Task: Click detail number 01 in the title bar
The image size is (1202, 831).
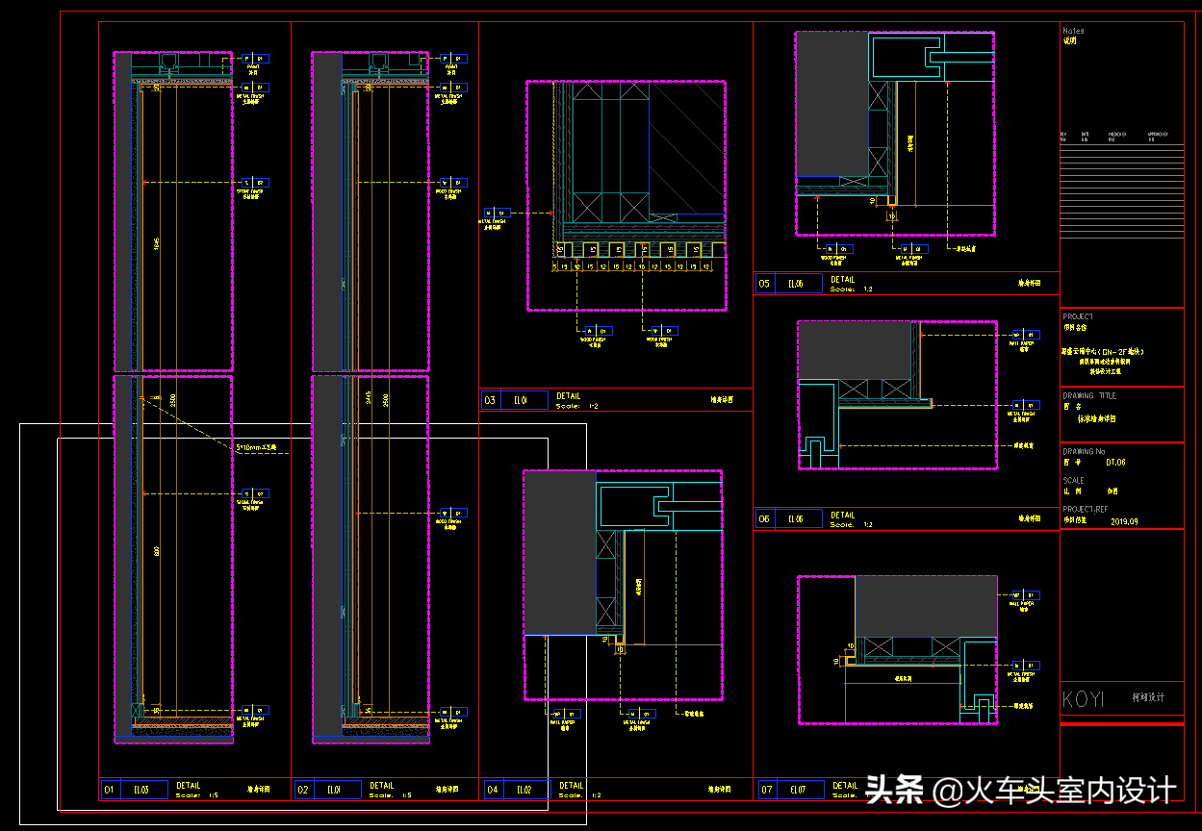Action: pyautogui.click(x=109, y=790)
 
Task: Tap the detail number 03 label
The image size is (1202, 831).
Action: pyautogui.click(x=490, y=400)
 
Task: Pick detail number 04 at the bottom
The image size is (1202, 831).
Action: pyautogui.click(x=493, y=790)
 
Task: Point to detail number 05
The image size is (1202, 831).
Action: pyautogui.click(x=765, y=284)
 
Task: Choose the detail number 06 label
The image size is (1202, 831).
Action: pyautogui.click(x=765, y=519)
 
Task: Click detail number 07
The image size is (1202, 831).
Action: pyautogui.click(x=767, y=790)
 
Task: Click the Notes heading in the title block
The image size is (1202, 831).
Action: pyautogui.click(x=1073, y=31)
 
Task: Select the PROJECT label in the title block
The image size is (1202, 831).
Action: pyautogui.click(x=1078, y=316)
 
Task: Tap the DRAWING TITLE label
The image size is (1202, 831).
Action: pyautogui.click(x=1089, y=395)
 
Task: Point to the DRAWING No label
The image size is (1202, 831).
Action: pyautogui.click(x=1084, y=451)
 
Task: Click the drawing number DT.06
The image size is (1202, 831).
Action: pyautogui.click(x=1115, y=463)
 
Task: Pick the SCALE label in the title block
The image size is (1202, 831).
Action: pyautogui.click(x=1073, y=480)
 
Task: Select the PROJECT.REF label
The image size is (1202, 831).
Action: pyautogui.click(x=1085, y=510)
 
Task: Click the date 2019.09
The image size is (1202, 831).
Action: pyautogui.click(x=1124, y=521)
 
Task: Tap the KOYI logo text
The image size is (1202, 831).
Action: pyautogui.click(x=1083, y=699)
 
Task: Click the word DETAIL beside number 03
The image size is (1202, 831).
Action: pyautogui.click(x=569, y=396)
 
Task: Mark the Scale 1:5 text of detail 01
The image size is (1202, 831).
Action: pyautogui.click(x=198, y=794)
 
